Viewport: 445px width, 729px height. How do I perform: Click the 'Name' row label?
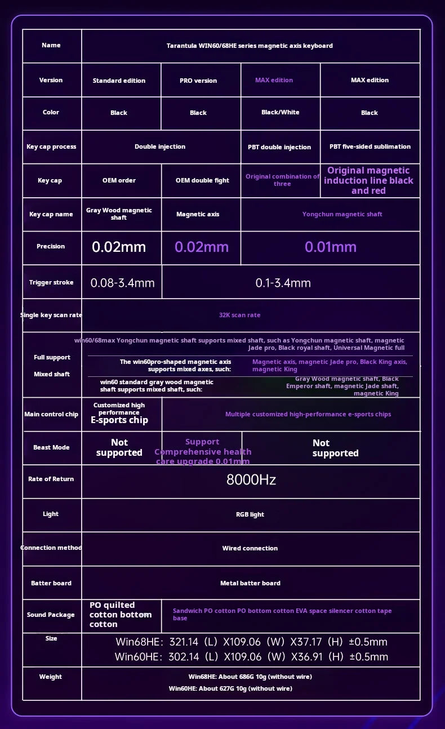(x=51, y=45)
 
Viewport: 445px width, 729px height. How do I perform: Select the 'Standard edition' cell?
(x=119, y=81)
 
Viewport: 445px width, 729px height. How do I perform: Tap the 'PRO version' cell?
(x=198, y=81)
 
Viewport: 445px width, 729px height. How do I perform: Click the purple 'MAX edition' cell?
(x=274, y=80)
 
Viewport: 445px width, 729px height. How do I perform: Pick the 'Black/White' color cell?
(x=281, y=112)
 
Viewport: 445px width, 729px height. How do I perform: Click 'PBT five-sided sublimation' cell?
(x=370, y=146)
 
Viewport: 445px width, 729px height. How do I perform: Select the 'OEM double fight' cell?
(x=202, y=180)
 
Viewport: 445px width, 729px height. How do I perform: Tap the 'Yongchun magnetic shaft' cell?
(x=342, y=214)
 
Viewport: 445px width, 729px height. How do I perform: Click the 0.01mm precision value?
(x=331, y=247)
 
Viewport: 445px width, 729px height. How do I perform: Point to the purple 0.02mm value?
(x=202, y=247)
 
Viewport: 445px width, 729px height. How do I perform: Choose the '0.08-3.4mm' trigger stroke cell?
(x=122, y=283)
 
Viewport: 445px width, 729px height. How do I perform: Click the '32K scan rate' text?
(x=239, y=315)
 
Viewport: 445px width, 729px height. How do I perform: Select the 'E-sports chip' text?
(x=119, y=420)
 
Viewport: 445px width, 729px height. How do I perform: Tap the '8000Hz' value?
(x=251, y=480)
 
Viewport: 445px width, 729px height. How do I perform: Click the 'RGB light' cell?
(x=250, y=514)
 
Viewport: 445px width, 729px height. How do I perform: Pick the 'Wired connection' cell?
(x=250, y=548)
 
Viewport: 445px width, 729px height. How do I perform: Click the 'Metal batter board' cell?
(x=250, y=583)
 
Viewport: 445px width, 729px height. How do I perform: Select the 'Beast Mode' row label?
(x=51, y=447)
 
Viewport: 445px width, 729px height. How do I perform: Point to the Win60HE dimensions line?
(x=251, y=656)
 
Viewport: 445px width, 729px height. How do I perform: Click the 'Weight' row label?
(x=51, y=677)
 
